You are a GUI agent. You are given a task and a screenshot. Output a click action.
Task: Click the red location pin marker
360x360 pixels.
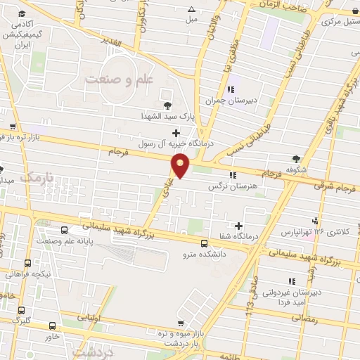pyautogui.click(x=181, y=166)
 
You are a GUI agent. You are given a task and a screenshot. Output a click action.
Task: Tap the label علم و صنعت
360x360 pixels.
pyautogui.click(x=120, y=79)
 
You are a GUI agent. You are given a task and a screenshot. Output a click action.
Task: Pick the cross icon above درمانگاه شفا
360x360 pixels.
pyautogui.click(x=240, y=226)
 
